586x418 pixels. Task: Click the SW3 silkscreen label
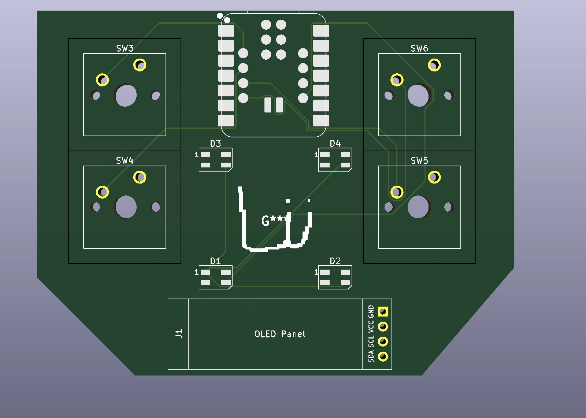click(x=125, y=48)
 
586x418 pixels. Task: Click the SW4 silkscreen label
click(x=125, y=160)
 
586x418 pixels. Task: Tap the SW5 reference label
click(x=419, y=160)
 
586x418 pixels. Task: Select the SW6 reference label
click(x=419, y=48)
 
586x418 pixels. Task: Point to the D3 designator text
click(x=215, y=144)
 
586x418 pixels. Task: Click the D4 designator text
click(x=335, y=144)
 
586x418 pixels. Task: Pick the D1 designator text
click(x=215, y=261)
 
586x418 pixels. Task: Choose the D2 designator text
click(x=335, y=261)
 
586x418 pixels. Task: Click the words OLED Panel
click(x=280, y=334)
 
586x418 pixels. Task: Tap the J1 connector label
click(x=179, y=334)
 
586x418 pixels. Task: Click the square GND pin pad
click(x=383, y=312)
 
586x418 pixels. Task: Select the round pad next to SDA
click(x=383, y=356)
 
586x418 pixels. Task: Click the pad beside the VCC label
click(x=383, y=326)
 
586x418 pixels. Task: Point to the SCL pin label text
click(x=371, y=341)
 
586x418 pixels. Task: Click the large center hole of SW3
click(x=126, y=95)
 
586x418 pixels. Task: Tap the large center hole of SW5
click(x=419, y=207)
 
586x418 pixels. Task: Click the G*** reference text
click(x=274, y=220)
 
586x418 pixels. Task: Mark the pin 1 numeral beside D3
click(x=196, y=155)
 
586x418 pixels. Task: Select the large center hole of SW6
click(x=419, y=95)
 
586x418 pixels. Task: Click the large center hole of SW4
click(x=126, y=207)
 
